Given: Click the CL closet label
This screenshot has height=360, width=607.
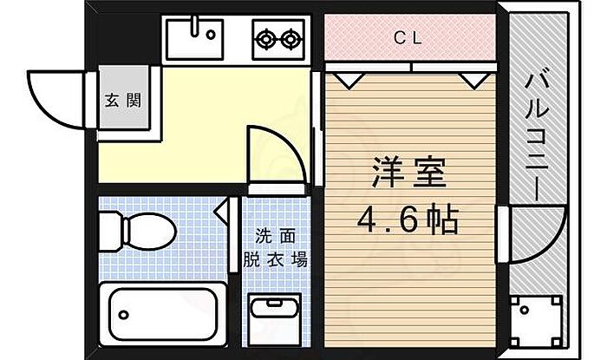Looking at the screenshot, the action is pyautogui.click(x=408, y=38).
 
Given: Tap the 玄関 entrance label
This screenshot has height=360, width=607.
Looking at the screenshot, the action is pyautogui.click(x=123, y=101).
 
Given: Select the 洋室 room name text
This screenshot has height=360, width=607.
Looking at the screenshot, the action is pyautogui.click(x=409, y=173).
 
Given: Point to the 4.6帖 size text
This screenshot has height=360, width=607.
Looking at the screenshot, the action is pyautogui.click(x=408, y=219).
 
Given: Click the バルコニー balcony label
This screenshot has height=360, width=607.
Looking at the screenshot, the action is pyautogui.click(x=537, y=136).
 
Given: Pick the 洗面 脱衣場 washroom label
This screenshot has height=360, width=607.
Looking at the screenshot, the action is pyautogui.click(x=275, y=248).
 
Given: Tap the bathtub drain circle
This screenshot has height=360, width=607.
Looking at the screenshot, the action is pyautogui.click(x=123, y=315).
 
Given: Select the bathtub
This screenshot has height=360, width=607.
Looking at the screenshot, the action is pyautogui.click(x=163, y=314).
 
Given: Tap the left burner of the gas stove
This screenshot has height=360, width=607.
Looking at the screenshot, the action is pyautogui.click(x=265, y=39).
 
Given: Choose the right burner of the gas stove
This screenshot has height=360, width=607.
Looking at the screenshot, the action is pyautogui.click(x=290, y=39).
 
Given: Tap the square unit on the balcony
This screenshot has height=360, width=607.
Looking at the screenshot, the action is pyautogui.click(x=536, y=321).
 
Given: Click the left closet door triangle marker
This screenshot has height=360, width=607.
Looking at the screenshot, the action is pyautogui.click(x=349, y=82).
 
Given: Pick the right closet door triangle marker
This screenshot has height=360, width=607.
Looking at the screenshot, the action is pyautogui.click(x=475, y=82).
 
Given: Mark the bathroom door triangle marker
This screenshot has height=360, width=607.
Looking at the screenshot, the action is pyautogui.click(x=222, y=211).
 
